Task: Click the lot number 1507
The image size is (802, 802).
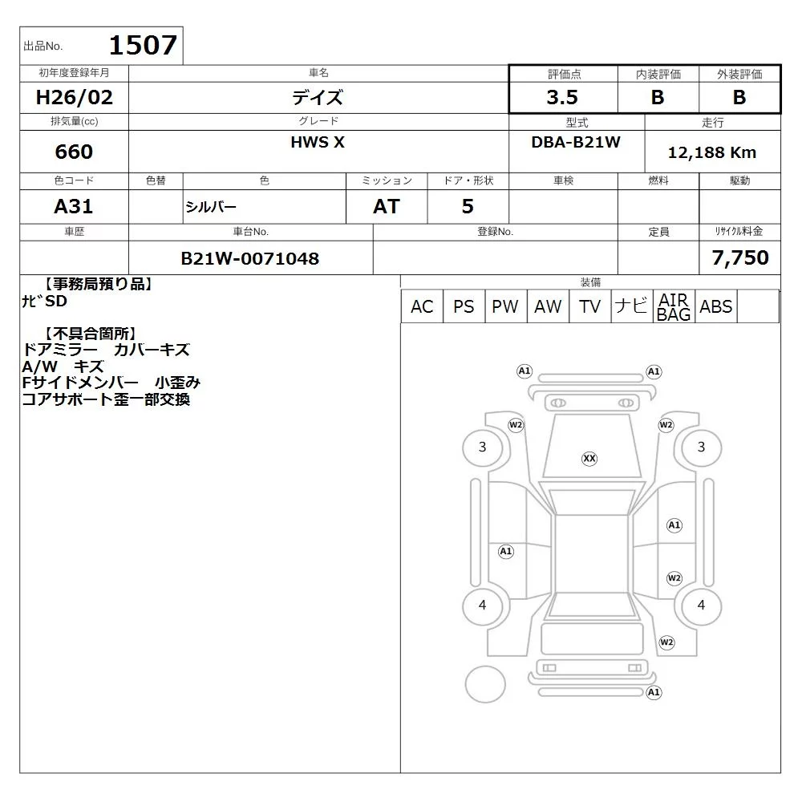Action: point(144,45)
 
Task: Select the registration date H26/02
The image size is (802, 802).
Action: point(74,97)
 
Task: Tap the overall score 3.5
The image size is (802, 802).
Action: point(562,97)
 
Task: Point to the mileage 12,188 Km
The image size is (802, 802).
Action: point(712,152)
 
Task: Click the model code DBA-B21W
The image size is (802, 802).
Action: point(576,142)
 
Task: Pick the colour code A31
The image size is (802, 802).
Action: point(74,206)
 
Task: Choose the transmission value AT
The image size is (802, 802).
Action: point(387,206)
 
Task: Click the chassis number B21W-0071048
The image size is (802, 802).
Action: point(250,258)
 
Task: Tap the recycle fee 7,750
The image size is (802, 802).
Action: point(740,257)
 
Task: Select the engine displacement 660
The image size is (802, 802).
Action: point(74,152)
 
